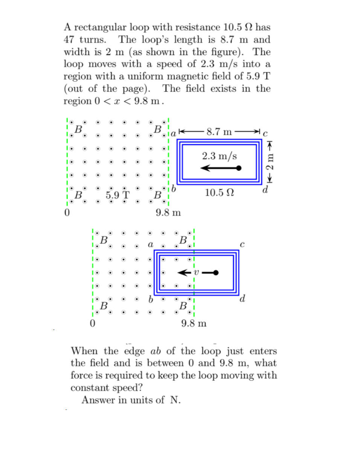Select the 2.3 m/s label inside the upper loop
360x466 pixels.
(x=219, y=156)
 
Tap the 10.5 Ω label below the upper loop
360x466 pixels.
(x=220, y=192)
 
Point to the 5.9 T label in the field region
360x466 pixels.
(x=117, y=196)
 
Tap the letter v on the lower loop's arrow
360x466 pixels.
(x=196, y=273)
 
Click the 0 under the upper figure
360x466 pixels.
(x=67, y=213)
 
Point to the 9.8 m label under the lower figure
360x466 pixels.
(x=193, y=324)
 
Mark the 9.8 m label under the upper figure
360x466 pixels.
(x=168, y=213)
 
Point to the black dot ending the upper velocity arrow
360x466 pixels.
(x=238, y=168)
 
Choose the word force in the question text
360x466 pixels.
(x=82, y=376)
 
